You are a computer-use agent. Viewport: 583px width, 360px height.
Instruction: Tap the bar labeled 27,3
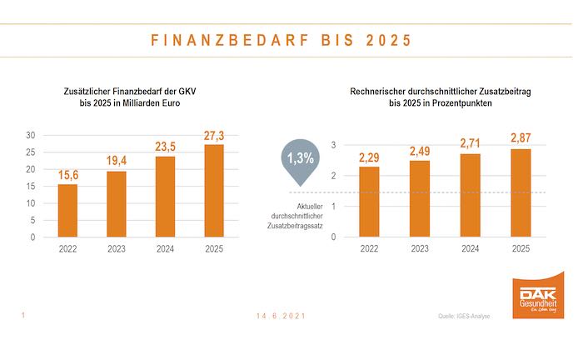pos(214,191)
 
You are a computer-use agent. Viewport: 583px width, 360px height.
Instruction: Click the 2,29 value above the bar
pos(368,157)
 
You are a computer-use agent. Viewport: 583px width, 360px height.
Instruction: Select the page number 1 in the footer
pos(22,315)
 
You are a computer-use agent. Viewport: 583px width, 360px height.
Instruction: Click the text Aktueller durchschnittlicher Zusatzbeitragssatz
pos(301,215)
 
